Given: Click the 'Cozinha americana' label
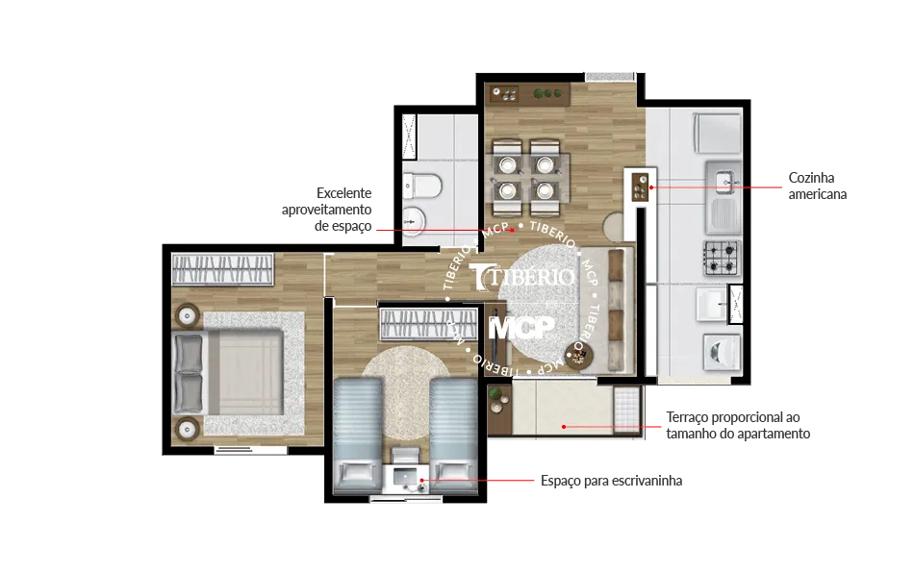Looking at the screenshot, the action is coord(817,186).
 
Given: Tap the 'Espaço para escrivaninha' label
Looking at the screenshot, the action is coord(612,481).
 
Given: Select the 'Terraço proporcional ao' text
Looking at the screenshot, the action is coord(733,417).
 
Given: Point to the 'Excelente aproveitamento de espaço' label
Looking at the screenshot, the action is coord(327,210).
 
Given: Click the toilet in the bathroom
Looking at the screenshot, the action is coord(422,187).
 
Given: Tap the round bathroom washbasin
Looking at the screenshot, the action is coord(415,221).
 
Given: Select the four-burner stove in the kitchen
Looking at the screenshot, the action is coord(722,258).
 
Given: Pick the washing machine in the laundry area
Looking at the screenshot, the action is coord(722,352).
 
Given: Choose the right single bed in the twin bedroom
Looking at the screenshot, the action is coord(453,435).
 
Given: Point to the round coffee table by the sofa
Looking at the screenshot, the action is coord(578,354).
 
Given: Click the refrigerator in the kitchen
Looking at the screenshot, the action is coord(717,133).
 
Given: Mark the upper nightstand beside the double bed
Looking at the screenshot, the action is coord(187,316).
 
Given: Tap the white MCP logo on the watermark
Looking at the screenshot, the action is coord(520,328).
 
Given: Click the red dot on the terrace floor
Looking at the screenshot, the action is coord(564,427).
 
